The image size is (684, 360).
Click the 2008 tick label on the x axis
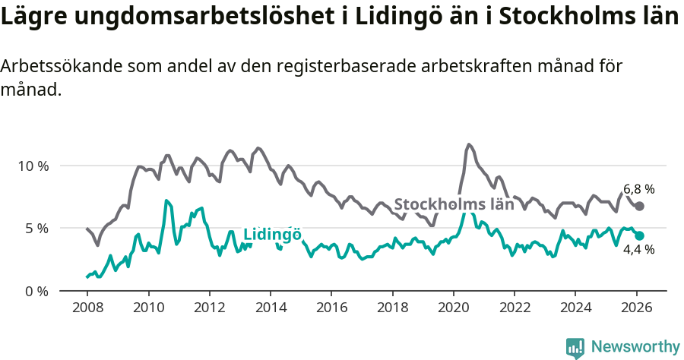(x=87, y=309)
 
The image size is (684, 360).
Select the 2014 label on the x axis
(x=270, y=309)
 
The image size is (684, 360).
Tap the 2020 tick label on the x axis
(x=453, y=309)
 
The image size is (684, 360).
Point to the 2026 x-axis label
(x=636, y=309)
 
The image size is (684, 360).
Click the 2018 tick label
(x=392, y=309)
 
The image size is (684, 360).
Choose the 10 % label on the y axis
(x=33, y=166)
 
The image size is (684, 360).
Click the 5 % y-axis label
(x=36, y=228)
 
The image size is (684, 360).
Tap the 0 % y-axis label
(x=36, y=291)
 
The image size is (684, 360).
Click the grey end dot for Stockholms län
(x=640, y=207)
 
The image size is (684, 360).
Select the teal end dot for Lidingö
(x=640, y=236)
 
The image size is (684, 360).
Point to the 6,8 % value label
(x=639, y=189)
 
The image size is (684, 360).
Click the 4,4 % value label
(x=639, y=250)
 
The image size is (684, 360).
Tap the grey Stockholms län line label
(x=454, y=204)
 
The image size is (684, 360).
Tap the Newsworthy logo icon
(x=575, y=347)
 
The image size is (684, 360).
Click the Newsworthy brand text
(x=635, y=347)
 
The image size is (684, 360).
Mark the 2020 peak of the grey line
(x=469, y=144)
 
